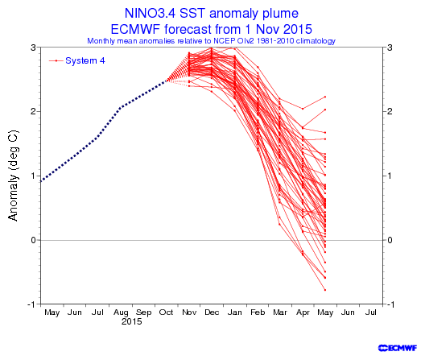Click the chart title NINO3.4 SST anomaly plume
(212, 14)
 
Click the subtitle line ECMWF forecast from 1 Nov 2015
(212, 29)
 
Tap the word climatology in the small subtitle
(316, 41)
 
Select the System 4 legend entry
(77, 60)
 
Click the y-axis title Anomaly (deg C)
(13, 176)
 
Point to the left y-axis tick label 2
(33, 111)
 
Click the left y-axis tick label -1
(31, 304)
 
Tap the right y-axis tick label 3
(390, 48)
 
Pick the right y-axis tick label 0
(390, 240)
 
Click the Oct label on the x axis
(166, 312)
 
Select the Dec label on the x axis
(212, 312)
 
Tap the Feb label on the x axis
(258, 312)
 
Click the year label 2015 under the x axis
(131, 321)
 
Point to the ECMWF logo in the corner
(398, 348)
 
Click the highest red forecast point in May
(325, 97)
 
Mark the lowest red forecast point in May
(325, 290)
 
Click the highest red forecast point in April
(303, 109)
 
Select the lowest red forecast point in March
(279, 224)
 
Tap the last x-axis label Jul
(370, 312)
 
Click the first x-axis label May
(52, 313)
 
